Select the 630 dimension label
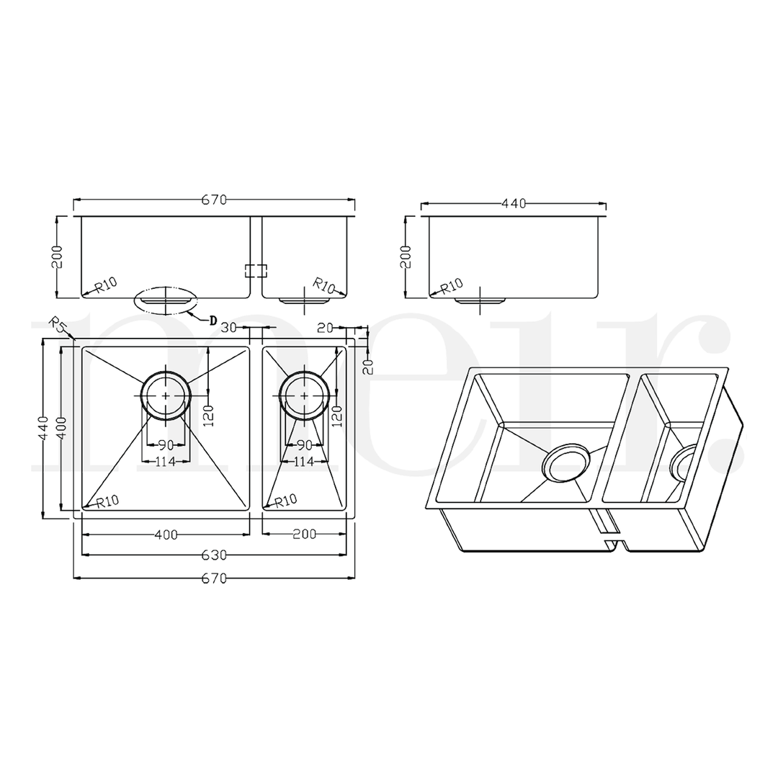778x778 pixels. [x=214, y=555]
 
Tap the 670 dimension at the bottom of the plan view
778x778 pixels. [x=214, y=578]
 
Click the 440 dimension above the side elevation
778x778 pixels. [x=513, y=204]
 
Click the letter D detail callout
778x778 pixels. [x=213, y=321]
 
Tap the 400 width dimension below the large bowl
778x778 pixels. [x=166, y=535]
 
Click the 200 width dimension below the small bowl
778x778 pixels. [x=304, y=535]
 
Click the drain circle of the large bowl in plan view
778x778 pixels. [x=166, y=395]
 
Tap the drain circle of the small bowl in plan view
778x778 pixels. [x=305, y=395]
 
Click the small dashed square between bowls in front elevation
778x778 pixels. [x=256, y=271]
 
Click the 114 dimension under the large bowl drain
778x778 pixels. [x=166, y=462]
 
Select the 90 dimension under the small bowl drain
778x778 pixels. [x=304, y=445]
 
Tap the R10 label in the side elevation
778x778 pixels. [x=452, y=286]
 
